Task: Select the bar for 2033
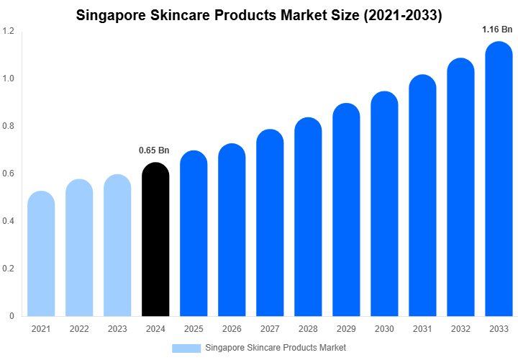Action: (499, 179)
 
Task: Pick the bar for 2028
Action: (308, 217)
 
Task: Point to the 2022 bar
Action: (79, 248)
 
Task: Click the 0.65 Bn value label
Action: (154, 150)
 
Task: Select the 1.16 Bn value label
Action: (497, 30)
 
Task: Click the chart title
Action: (259, 14)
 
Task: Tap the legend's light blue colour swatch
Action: (186, 348)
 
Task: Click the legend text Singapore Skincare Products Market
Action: (276, 348)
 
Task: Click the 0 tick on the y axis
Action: (12, 316)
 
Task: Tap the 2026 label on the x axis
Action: (232, 329)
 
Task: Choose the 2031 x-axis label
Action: (422, 329)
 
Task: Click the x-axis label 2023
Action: (117, 329)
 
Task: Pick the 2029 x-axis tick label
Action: (346, 329)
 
